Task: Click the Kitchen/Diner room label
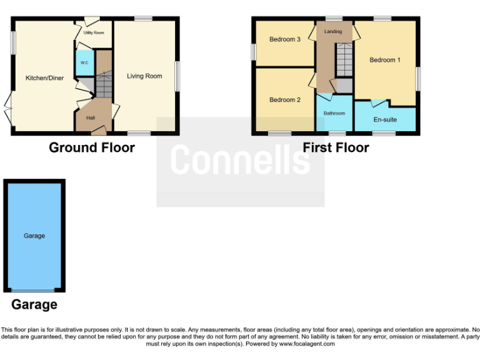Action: click(44, 78)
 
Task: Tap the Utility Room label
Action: click(95, 32)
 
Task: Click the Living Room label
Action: click(144, 76)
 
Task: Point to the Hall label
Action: click(91, 117)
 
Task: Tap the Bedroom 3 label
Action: click(285, 39)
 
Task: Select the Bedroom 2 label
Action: click(285, 100)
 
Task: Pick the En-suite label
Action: click(385, 119)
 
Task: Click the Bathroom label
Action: click(334, 113)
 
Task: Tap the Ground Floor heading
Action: click(92, 148)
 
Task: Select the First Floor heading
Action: click(336, 148)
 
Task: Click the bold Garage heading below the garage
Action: click(34, 305)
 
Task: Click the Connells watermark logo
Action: click(240, 160)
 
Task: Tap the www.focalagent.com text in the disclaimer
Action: click(307, 344)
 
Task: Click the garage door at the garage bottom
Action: click(32, 291)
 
